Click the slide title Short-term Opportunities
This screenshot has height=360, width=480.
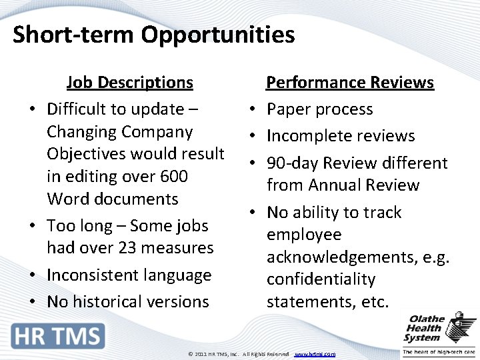[153, 34]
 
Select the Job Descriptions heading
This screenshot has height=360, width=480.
[129, 83]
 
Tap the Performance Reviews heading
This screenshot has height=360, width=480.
[350, 83]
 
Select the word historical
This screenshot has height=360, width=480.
[110, 301]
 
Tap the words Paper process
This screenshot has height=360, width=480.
[319, 109]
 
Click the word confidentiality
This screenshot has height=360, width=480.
[321, 279]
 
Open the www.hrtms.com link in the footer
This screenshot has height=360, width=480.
[315, 354]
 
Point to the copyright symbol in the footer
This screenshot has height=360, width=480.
[190, 354]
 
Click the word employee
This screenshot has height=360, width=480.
[304, 235]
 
